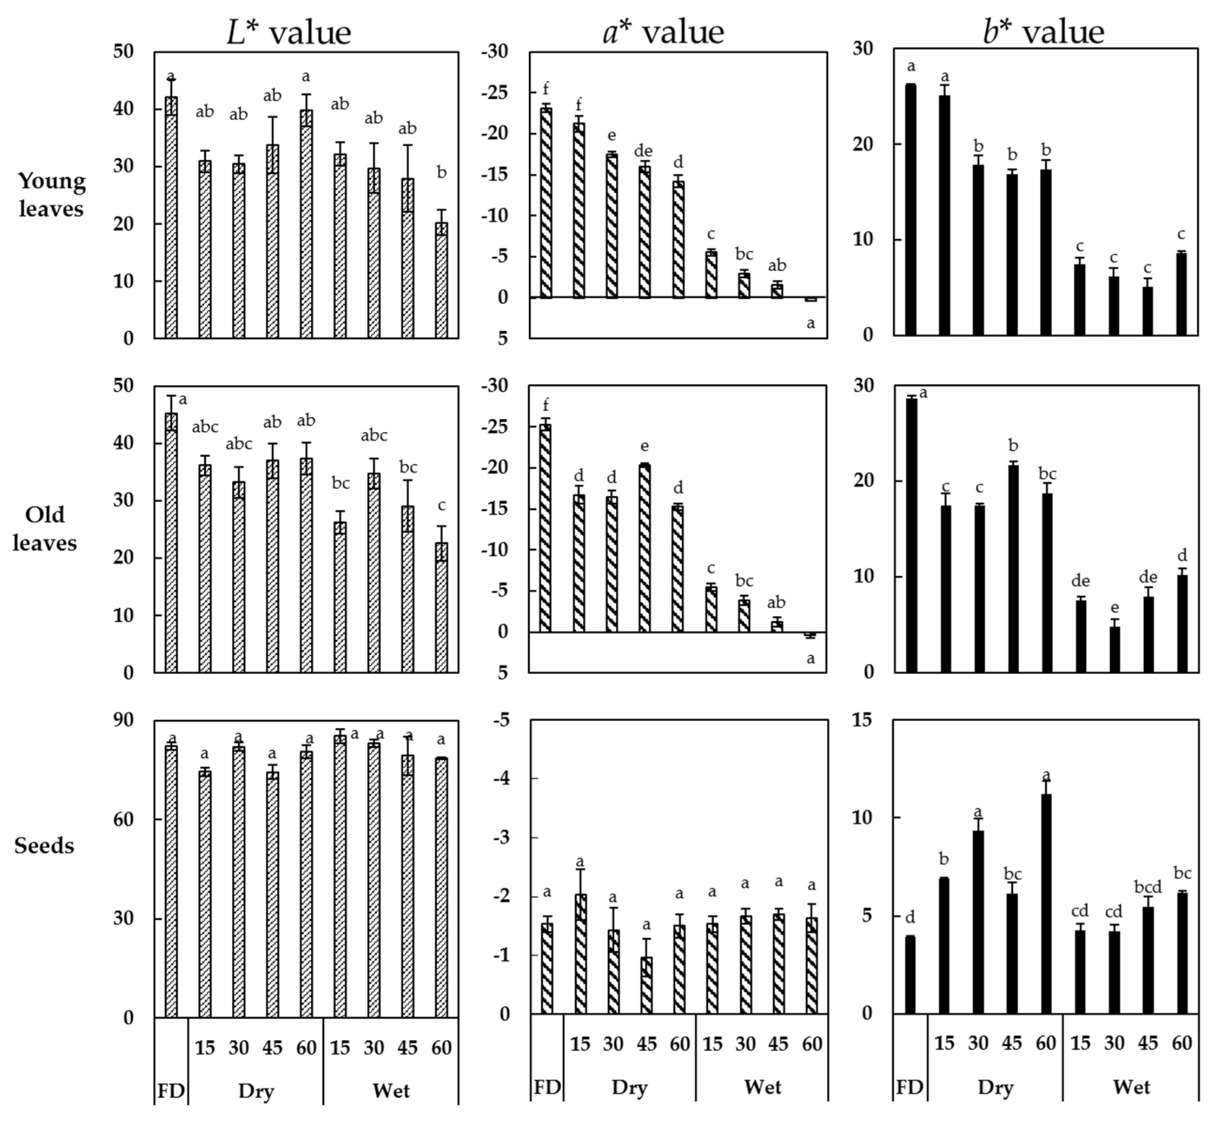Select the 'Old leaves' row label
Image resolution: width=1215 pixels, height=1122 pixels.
[44, 528]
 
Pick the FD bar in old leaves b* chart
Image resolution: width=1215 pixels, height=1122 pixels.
[911, 535]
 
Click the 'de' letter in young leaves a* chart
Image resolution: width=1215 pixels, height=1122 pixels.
[643, 150]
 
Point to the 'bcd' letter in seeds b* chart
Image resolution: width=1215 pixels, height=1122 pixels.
[1148, 887]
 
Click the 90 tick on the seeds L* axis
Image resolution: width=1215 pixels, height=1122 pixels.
[123, 720]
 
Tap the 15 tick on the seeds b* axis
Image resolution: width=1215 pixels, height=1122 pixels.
[862, 720]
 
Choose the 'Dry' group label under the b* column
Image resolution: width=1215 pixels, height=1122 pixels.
[995, 1087]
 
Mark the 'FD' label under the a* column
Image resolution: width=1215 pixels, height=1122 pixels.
[547, 1087]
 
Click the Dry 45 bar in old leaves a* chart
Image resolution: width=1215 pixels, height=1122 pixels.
[645, 548]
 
